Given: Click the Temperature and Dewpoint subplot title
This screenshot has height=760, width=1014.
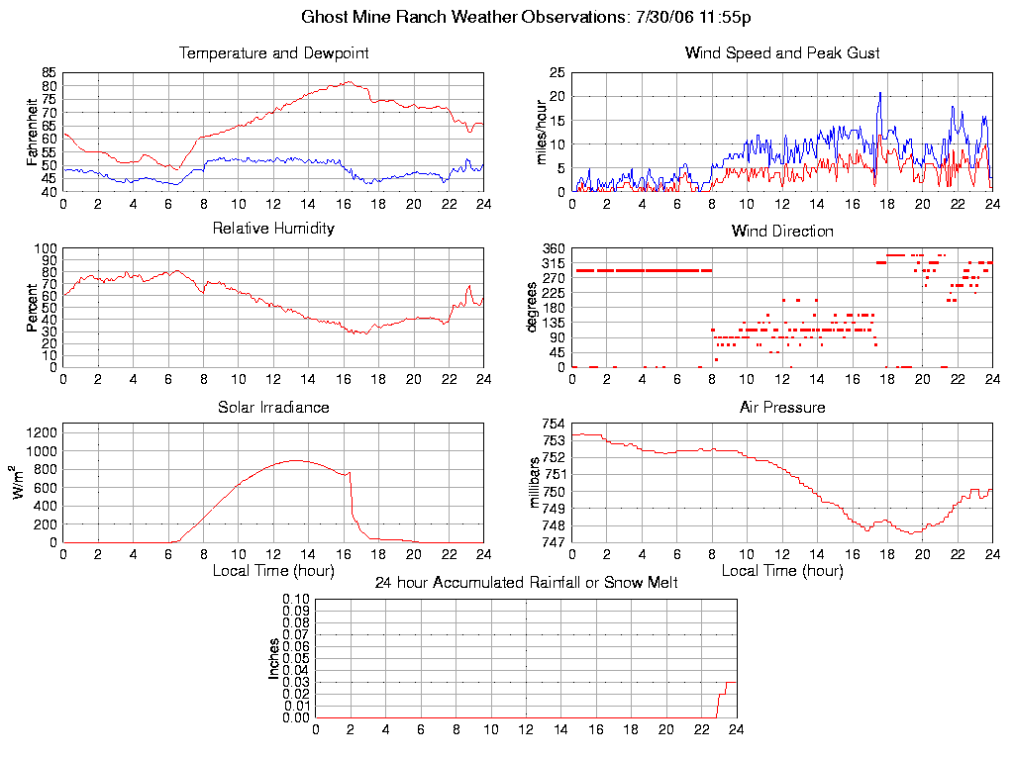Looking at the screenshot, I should click(273, 53).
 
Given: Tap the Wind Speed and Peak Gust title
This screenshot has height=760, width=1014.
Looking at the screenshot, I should click(782, 53).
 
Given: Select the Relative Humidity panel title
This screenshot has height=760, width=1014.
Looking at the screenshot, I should click(273, 229).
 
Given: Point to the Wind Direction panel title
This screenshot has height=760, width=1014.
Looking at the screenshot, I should click(782, 232).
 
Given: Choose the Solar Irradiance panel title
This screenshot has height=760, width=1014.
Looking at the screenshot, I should click(273, 408).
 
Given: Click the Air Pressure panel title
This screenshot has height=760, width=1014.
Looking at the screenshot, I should click(782, 408).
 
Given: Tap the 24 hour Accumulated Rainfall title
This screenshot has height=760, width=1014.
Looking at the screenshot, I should click(526, 583).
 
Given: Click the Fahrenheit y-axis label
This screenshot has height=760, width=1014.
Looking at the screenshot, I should click(33, 132).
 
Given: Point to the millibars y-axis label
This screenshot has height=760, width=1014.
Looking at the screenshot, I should click(535, 482).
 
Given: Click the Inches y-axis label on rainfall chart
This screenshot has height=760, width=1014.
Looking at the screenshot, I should click(274, 658).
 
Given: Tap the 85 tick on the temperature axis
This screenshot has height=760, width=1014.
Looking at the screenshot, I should click(49, 73).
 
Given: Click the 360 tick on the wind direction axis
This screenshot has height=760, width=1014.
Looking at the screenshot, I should click(553, 248).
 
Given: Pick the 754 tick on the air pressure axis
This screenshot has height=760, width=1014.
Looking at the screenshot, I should click(553, 425).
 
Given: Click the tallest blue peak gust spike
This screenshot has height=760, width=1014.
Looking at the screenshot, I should click(879, 93).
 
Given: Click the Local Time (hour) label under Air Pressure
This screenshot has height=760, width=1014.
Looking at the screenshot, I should click(782, 571).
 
